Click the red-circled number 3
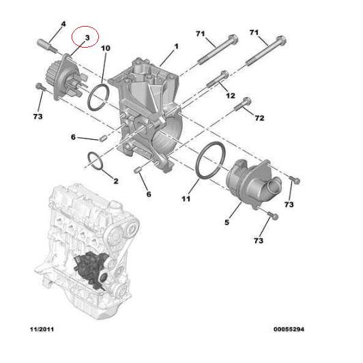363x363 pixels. tap(87, 35)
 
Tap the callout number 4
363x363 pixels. tap(63, 25)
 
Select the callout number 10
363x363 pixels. tap(106, 48)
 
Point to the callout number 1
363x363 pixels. tap(176, 46)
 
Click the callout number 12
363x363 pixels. tap(230, 95)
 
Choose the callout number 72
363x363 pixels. tap(259, 119)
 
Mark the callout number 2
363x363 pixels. tap(115, 181)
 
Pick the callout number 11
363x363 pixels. tap(186, 199)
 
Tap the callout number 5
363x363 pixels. tap(227, 222)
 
